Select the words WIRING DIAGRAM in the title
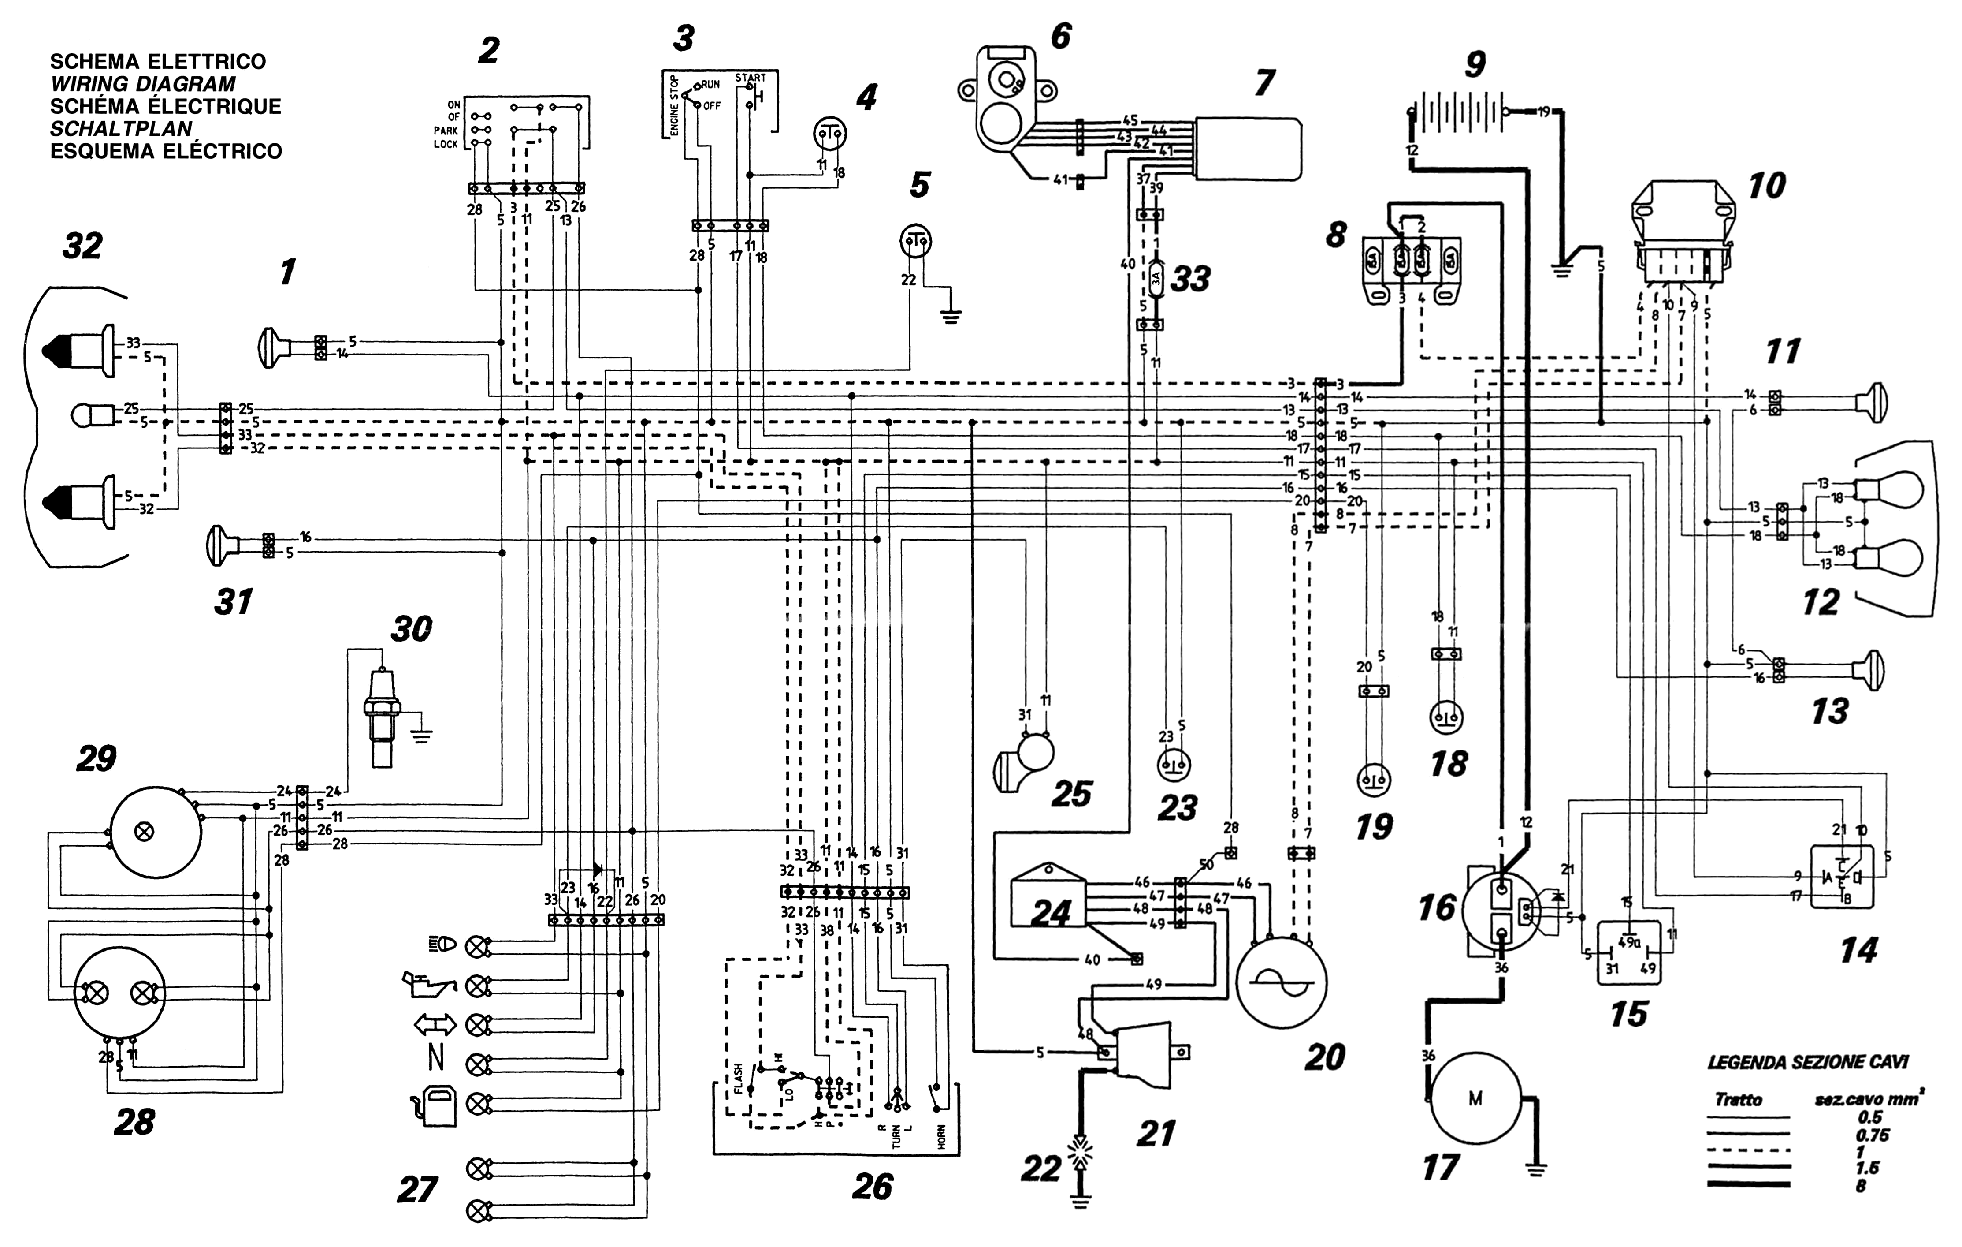click(143, 84)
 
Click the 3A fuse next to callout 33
click(1156, 279)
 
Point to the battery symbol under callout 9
click(1458, 112)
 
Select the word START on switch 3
click(751, 78)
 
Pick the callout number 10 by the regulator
click(1765, 186)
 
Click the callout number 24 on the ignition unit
click(1051, 913)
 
